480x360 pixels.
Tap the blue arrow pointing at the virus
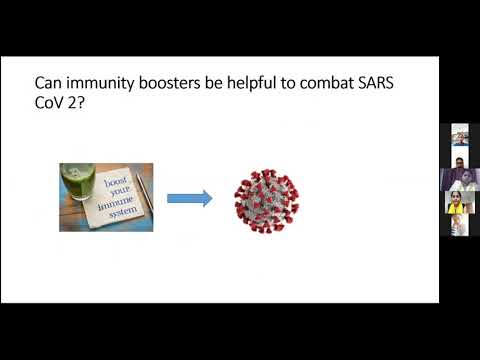[189, 198]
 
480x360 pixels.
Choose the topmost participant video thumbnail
[460, 134]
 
